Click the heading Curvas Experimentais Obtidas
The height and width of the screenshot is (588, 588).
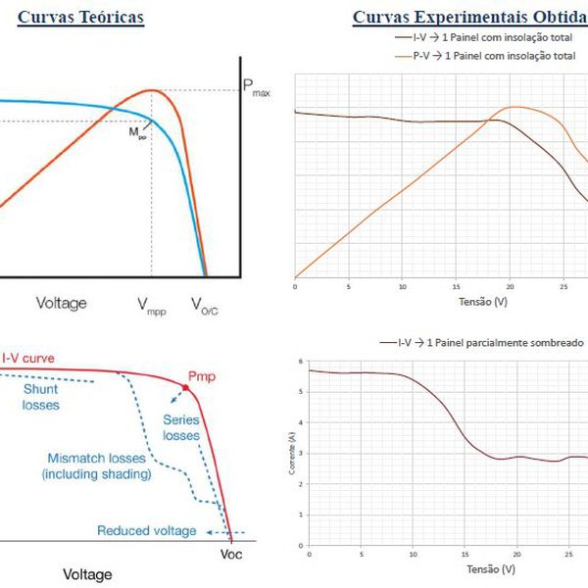468,19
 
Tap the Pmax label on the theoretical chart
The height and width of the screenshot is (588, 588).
256,89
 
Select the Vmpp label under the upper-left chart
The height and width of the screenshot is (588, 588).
152,305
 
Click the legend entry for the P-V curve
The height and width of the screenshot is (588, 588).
485,56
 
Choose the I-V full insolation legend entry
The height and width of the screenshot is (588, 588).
485,35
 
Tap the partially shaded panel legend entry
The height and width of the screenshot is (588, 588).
481,343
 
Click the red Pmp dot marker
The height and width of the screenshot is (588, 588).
184,389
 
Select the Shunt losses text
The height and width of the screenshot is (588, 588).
40,397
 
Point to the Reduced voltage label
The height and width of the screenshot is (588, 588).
147,531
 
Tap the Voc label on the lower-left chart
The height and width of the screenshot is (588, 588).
231,553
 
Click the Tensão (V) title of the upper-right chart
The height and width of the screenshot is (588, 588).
483,303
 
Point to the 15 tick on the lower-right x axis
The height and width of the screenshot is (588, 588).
465,554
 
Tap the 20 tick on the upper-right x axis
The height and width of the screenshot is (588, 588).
511,287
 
